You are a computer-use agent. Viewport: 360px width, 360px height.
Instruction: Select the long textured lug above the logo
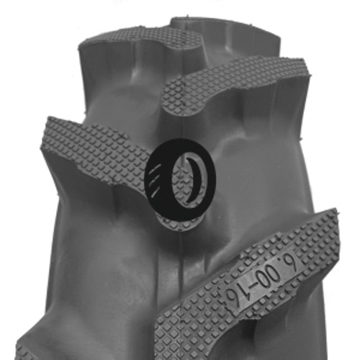click(230, 90)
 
